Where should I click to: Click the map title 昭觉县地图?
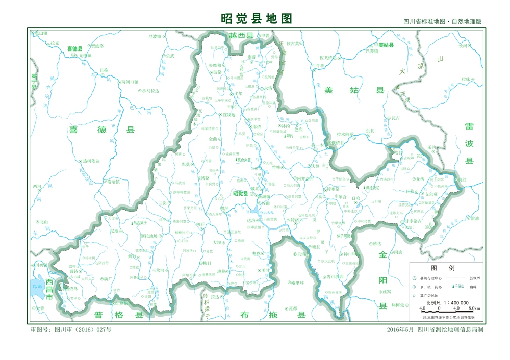257,19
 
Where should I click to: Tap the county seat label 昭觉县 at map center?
240,194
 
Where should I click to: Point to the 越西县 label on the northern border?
241,36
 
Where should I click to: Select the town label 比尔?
238,93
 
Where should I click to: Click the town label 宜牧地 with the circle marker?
228,115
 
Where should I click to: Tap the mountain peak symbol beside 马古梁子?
133,223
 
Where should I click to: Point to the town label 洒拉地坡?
149,236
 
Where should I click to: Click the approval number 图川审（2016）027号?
71,330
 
